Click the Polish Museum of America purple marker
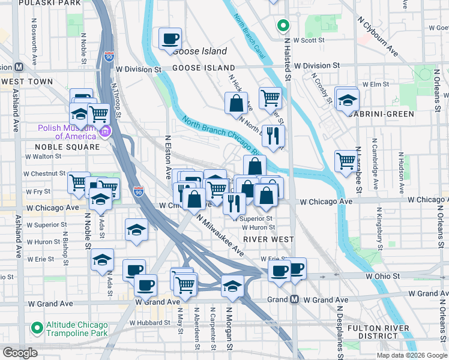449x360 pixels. tap(106, 131)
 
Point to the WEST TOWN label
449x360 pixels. tap(27, 82)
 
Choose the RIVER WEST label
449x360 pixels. tap(268, 239)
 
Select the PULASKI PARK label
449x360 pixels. tap(49, 3)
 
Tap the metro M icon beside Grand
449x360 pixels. tap(294, 299)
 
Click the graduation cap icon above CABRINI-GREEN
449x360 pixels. tap(347, 100)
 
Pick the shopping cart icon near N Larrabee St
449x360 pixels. tap(346, 161)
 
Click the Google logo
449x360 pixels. tap(19, 353)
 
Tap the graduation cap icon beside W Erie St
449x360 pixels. tap(103, 260)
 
